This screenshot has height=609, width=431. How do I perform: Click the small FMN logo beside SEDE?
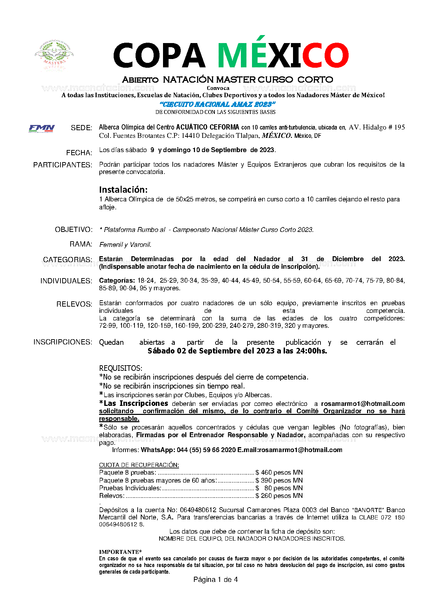(42, 128)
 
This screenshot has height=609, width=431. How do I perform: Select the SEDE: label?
(81, 128)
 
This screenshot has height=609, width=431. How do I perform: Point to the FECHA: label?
(79, 153)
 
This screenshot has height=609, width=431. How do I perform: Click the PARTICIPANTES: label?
(63, 165)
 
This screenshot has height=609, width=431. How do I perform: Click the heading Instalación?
(123, 190)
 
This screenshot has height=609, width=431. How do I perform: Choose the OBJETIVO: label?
(74, 230)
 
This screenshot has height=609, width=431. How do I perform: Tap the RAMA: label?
(81, 244)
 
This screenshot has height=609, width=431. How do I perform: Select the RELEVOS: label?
(74, 304)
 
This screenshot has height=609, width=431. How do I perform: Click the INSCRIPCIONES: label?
(63, 342)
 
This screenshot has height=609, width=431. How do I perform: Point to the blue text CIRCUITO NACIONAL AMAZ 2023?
(218, 104)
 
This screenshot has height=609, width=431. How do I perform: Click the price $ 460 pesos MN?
(279, 473)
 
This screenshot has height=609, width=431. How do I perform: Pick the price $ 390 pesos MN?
(279, 481)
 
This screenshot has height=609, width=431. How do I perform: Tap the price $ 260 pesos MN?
(279, 496)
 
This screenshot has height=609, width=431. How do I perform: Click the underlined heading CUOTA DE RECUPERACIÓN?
(139, 465)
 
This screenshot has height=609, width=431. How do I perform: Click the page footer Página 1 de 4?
(215, 579)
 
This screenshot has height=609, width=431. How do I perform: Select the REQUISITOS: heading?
(121, 368)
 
